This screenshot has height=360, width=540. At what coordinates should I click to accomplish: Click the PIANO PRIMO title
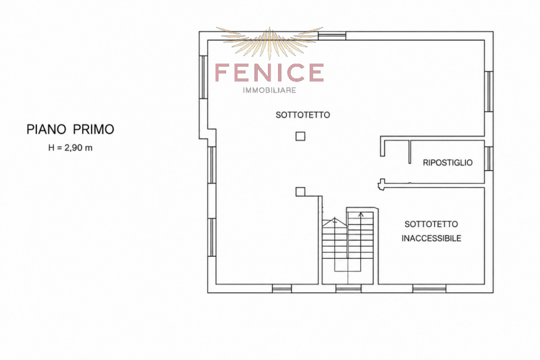pos(70,129)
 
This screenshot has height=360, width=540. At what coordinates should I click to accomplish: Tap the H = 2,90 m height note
pos(70,148)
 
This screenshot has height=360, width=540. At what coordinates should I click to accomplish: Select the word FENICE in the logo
pos(269,73)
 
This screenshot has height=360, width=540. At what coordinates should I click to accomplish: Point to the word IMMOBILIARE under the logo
pos(269,91)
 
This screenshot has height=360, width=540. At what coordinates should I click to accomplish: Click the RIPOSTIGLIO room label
pos(448,163)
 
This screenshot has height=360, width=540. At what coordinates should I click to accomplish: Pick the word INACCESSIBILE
pos(431,238)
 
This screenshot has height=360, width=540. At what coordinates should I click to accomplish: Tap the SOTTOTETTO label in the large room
pos(302,115)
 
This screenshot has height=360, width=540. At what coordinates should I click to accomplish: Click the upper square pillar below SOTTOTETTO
pos(300,136)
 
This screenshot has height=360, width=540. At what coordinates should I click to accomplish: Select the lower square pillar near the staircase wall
pos(300,192)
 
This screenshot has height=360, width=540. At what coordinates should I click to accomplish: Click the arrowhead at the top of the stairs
pos(360,215)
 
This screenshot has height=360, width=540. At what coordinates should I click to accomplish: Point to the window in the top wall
pos(332,36)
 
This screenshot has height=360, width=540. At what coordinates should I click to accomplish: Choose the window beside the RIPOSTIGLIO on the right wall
pos(489,159)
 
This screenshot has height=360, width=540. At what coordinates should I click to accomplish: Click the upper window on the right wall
pos(489,91)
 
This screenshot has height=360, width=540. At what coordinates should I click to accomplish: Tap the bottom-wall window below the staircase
pos(348,288)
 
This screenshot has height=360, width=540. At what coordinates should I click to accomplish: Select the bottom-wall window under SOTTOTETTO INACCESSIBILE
pos(429,288)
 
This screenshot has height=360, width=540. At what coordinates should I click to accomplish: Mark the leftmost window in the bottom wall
pos(281,288)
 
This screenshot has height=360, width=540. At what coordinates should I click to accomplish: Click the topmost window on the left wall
pos(204,77)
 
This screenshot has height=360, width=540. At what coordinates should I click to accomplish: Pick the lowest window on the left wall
pos(212,237)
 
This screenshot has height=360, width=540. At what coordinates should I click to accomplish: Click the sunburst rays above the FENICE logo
pos(269,41)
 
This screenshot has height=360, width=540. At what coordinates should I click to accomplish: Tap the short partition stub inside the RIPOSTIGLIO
pos(410,151)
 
